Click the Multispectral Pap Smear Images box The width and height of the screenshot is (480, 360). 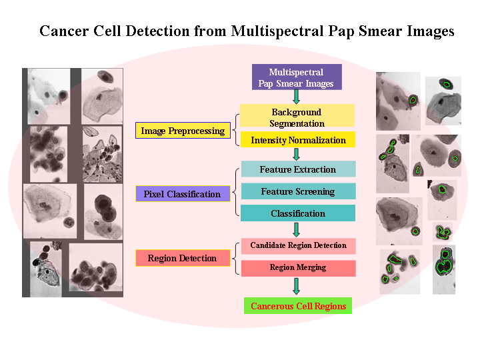click(297, 77)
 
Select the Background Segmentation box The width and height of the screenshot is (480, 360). click(297, 117)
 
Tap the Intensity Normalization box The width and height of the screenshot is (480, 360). click(298, 140)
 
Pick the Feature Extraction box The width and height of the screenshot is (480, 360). click(298, 169)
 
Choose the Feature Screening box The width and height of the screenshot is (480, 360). click(298, 191)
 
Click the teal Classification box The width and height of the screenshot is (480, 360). click(298, 213)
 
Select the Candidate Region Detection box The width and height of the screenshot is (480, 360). click(298, 245)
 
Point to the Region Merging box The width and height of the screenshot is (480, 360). click(298, 267)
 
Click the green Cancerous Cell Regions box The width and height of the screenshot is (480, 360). click(298, 306)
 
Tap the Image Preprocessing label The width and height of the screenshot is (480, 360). click(183, 131)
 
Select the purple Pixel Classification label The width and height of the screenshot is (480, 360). click(182, 194)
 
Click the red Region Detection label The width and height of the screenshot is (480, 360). click(182, 258)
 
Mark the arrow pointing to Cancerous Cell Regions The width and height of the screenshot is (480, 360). click(297, 286)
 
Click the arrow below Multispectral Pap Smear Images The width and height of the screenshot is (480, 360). click(297, 97)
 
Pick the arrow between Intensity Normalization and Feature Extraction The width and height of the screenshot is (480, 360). click(297, 154)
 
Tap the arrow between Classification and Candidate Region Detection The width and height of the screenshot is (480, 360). click(297, 229)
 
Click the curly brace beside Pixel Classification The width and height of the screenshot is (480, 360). click(235, 192)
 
